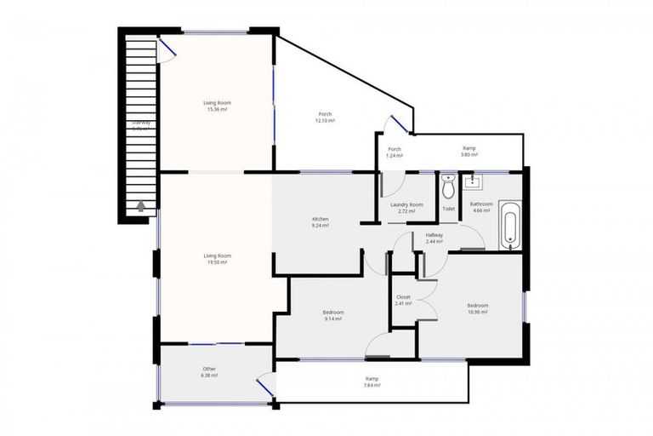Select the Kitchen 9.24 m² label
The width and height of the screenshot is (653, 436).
pyautogui.click(x=320, y=222)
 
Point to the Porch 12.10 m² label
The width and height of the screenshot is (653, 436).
pyautogui.click(x=325, y=118)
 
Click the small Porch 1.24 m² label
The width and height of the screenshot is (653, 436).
pyautogui.click(x=394, y=152)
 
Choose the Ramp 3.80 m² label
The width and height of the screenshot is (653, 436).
pyautogui.click(x=468, y=152)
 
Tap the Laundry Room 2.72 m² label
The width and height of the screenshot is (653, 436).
pyautogui.click(x=406, y=208)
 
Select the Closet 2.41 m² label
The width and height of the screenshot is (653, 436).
pyautogui.click(x=403, y=300)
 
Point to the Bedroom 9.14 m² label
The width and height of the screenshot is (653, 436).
pyautogui.click(x=332, y=315)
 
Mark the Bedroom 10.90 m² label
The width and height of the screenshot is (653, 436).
pyautogui.click(x=477, y=308)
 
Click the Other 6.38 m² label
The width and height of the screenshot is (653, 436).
pyautogui.click(x=209, y=372)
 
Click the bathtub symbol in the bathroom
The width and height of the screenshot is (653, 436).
pyautogui.click(x=509, y=226)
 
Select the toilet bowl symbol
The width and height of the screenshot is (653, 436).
pyautogui.click(x=448, y=187)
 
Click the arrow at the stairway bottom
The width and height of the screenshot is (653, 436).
pyautogui.click(x=140, y=205)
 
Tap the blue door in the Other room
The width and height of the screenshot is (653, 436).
pyautogui.click(x=265, y=387)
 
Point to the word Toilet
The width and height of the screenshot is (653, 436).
pyautogui.click(x=448, y=209)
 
